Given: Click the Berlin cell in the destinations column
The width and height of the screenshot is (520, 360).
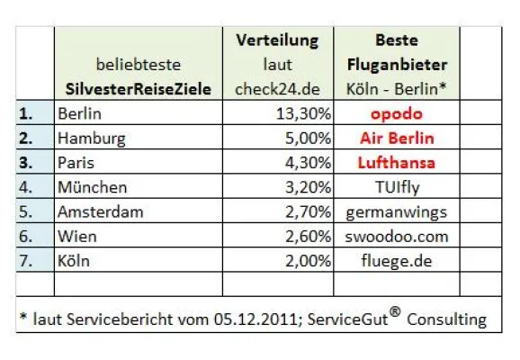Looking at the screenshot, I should (79, 114).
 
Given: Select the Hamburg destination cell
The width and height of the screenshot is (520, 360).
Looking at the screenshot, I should (90, 139).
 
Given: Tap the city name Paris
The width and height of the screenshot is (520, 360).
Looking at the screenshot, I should (75, 163).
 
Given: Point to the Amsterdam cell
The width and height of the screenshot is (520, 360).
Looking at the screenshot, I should (98, 212).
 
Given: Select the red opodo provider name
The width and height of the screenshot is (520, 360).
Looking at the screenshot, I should (397, 114).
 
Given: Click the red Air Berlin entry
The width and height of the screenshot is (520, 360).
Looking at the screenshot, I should (397, 139).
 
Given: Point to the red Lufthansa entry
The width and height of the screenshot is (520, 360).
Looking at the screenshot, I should (397, 163).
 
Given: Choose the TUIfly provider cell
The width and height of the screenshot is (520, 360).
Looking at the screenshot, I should (397, 187).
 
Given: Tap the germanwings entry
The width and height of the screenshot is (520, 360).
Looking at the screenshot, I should (397, 212).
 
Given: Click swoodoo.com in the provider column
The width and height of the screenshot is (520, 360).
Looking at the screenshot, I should (397, 237).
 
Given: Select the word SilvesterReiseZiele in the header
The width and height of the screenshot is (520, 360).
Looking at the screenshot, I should (138, 89).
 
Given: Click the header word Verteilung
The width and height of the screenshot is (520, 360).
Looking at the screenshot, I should (277, 40).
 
